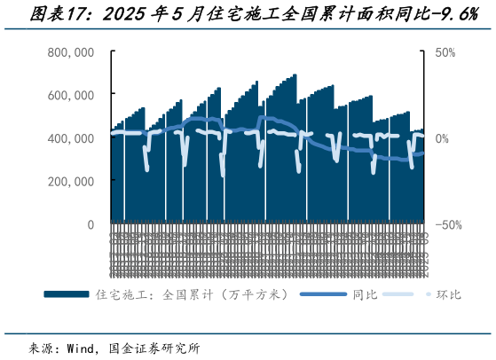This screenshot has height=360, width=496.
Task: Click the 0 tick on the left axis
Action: tap(90, 224)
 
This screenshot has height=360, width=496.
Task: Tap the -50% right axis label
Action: tap(446, 224)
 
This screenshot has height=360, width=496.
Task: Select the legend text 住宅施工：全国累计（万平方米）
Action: tap(190, 293)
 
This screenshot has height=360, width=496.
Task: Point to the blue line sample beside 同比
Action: tap(324, 293)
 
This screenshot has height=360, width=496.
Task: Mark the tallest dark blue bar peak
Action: tap(295, 74)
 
